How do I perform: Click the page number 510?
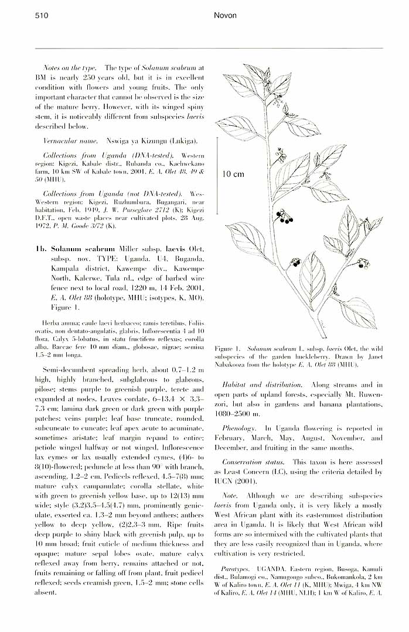coord(42,16)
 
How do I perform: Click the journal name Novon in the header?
coord(226,16)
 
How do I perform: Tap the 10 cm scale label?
coord(233,174)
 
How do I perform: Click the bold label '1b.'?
coord(40,249)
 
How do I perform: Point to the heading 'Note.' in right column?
coord(230,496)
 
